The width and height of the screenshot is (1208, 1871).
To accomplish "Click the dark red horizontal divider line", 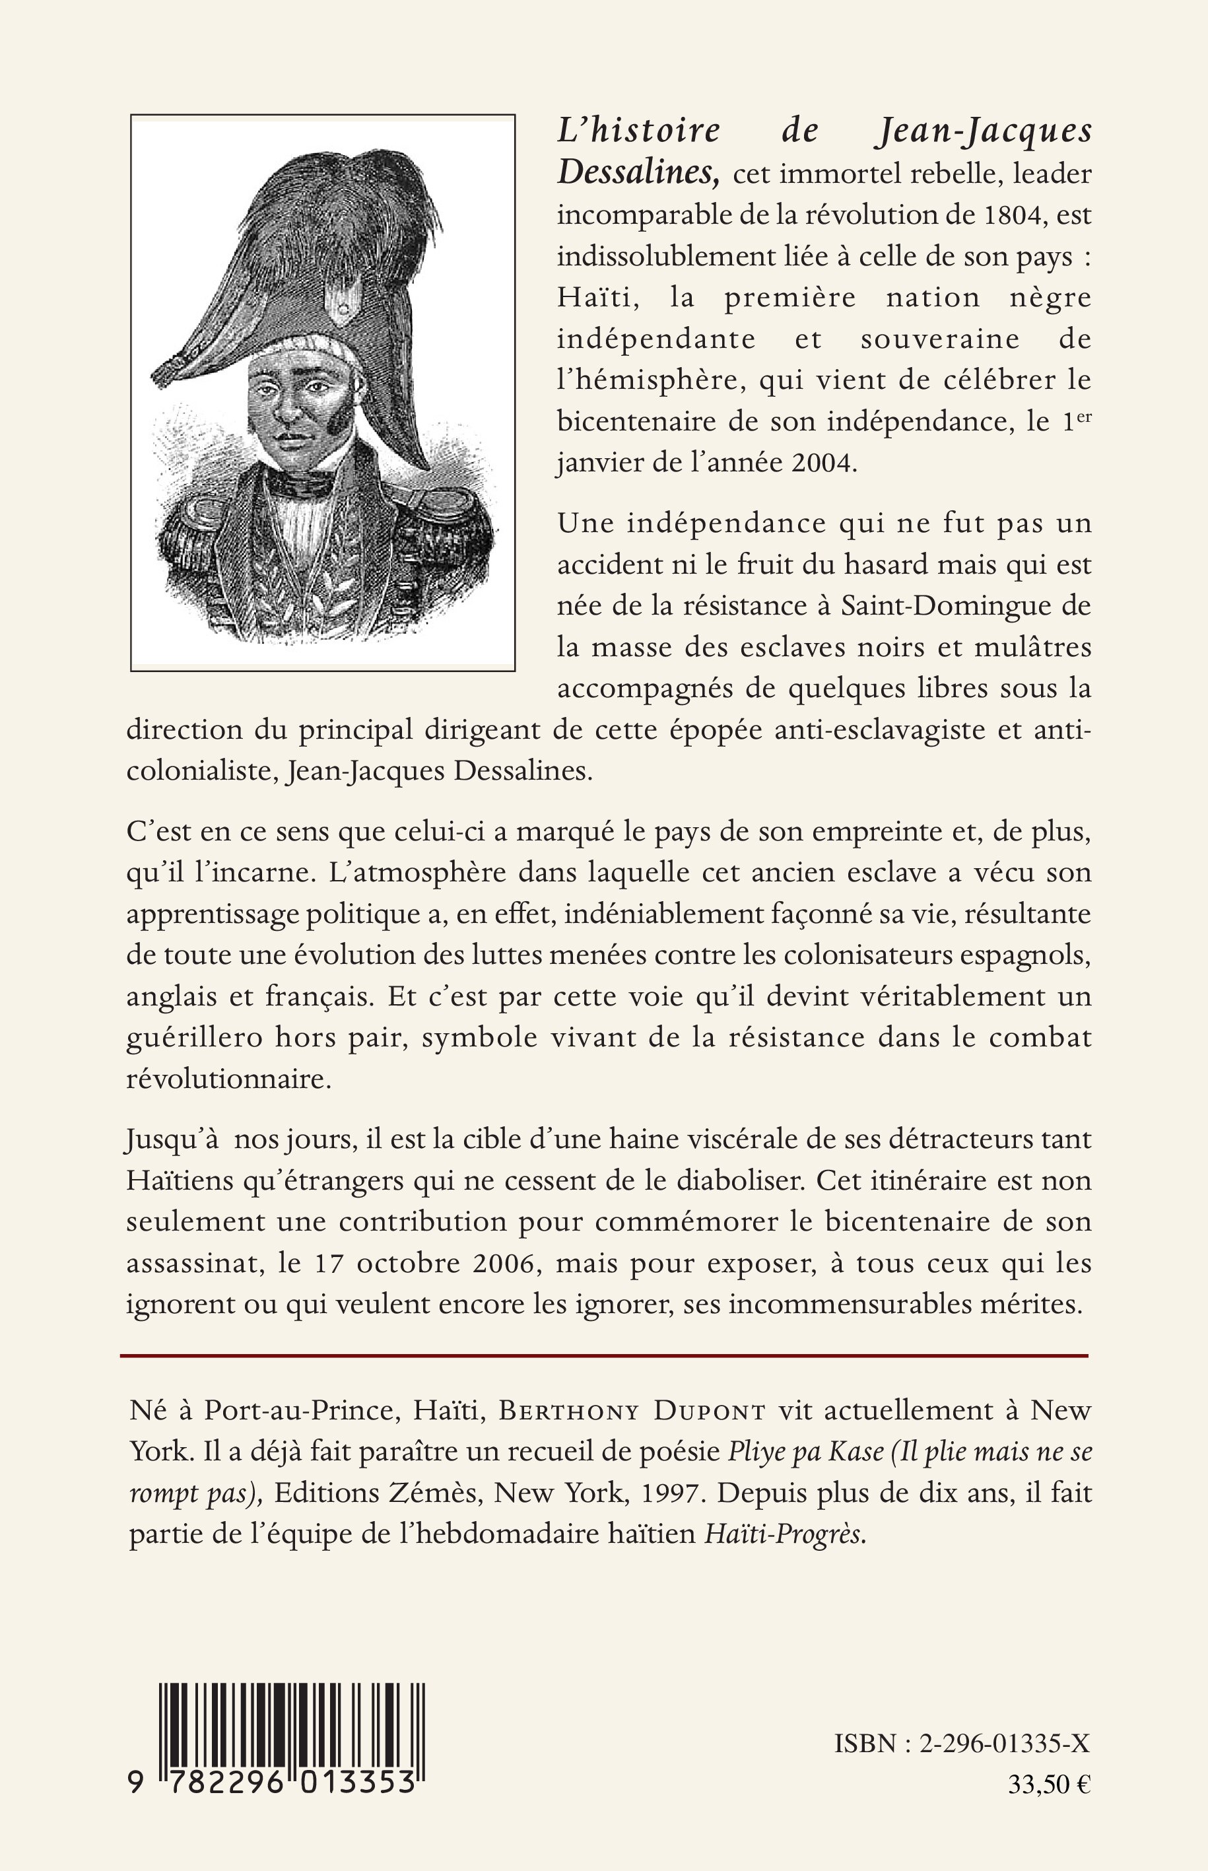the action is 604,1355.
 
